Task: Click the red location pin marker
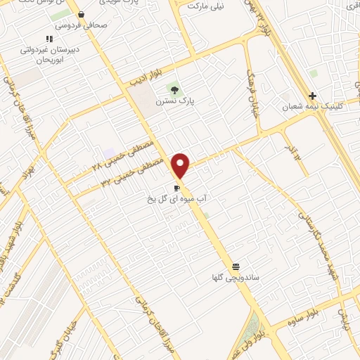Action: (181, 166)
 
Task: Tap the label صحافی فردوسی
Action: (82, 25)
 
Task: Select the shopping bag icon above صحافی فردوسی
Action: (82, 14)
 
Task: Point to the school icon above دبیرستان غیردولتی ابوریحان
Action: (49, 39)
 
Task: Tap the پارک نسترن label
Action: (175, 101)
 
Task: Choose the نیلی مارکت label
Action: (205, 5)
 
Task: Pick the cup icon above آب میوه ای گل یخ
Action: (176, 188)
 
